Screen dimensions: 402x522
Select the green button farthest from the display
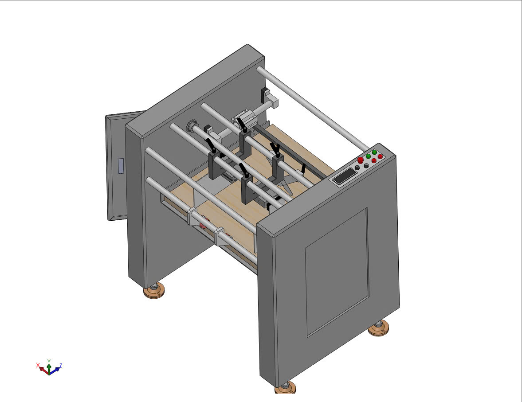click(x=374, y=152)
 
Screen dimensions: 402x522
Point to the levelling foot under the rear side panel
click(x=154, y=291)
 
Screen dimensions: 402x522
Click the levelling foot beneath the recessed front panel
click(x=379, y=329)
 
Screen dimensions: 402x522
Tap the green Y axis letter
click(x=49, y=361)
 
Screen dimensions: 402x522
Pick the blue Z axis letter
click(x=60, y=365)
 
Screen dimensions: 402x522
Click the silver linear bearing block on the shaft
click(x=243, y=119)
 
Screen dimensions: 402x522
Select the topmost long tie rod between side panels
click(x=313, y=108)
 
